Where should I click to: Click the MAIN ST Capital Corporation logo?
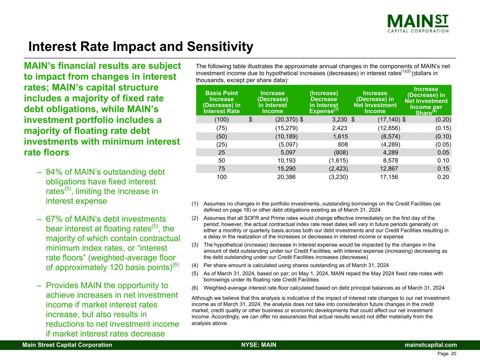coord(418,23)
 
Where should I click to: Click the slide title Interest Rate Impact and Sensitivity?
coord(141,47)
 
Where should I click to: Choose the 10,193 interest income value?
coord(287,161)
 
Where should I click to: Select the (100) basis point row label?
coord(222,120)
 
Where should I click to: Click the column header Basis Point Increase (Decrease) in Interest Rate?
coord(222,102)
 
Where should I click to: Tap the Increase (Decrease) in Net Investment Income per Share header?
coord(426,101)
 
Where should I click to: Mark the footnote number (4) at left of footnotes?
coord(195,265)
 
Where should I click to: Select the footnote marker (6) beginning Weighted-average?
coord(195,288)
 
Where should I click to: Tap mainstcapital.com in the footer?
coord(430,345)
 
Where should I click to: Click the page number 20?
coord(453,354)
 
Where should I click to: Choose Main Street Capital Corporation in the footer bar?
coord(67,345)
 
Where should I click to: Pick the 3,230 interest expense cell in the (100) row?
coord(339,120)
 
